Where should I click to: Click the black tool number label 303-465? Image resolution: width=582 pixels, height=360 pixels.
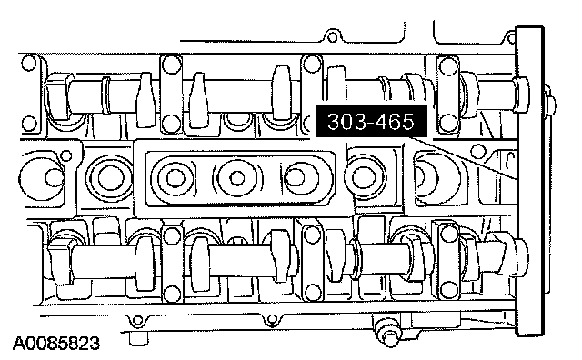[371, 121]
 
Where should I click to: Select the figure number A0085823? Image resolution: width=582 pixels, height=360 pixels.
[56, 344]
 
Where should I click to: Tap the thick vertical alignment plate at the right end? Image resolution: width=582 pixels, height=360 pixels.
[531, 181]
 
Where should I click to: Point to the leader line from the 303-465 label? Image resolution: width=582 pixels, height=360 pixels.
[462, 158]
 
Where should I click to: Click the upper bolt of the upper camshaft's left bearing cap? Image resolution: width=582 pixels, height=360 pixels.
[171, 64]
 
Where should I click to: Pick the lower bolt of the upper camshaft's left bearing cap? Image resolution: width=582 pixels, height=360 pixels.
[171, 123]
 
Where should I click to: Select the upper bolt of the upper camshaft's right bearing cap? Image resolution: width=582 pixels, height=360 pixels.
[448, 65]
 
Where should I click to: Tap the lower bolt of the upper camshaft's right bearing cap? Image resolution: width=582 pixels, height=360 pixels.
[448, 122]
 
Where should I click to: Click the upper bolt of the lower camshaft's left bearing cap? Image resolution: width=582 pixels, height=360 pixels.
[171, 235]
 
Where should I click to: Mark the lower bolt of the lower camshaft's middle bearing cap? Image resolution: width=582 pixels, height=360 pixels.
[313, 291]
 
